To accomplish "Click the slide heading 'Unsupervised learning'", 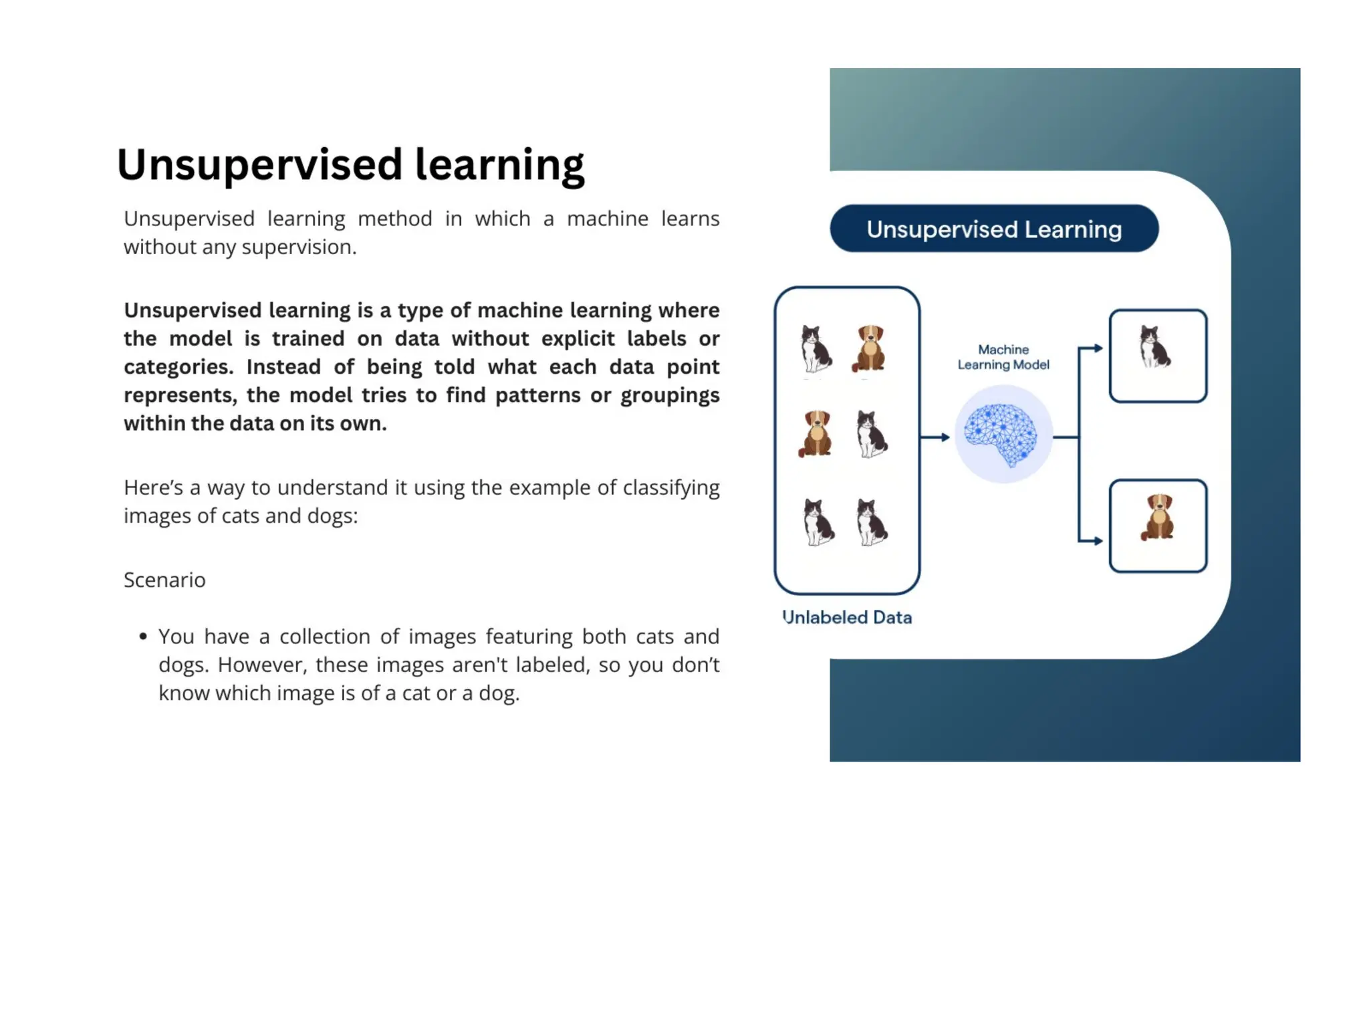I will (350, 164).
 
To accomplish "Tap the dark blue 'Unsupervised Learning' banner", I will (993, 229).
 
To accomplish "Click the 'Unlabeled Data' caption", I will (846, 616).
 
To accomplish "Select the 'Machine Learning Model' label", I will (1003, 357).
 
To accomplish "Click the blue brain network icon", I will (1001, 435).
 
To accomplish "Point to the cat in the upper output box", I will (1154, 346).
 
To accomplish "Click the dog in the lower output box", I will (1158, 517).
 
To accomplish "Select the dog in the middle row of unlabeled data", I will (816, 433).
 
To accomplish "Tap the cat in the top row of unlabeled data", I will (816, 348).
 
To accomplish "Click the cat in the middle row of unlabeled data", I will (871, 435).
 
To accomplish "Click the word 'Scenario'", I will (164, 580).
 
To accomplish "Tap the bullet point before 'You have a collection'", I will (143, 637).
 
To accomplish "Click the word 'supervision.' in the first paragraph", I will (299, 247).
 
